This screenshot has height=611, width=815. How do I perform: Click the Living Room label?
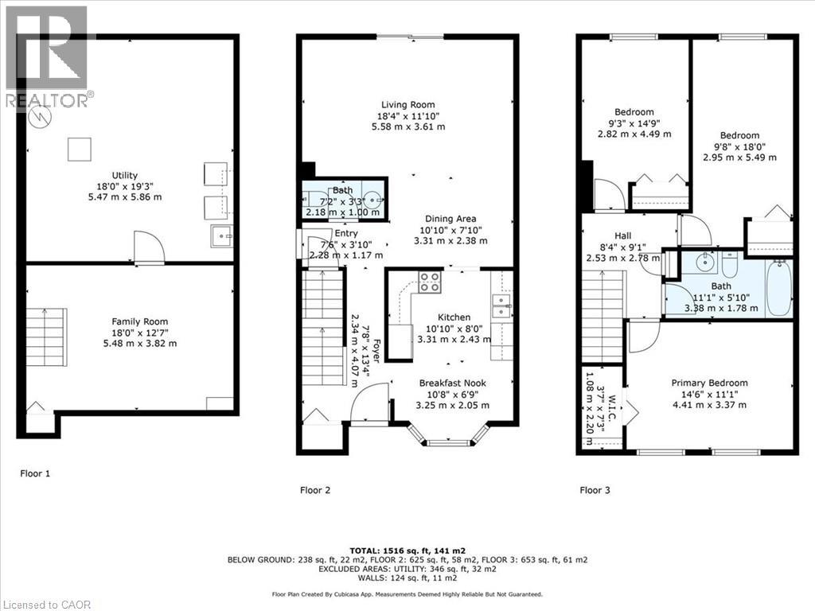point(407,104)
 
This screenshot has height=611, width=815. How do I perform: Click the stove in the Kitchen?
point(430,281)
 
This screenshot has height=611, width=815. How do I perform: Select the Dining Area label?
point(450,219)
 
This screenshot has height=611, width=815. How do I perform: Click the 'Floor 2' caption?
point(316,490)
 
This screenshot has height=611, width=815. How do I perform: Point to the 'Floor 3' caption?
point(595,490)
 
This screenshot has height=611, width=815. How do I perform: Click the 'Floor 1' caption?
point(35,473)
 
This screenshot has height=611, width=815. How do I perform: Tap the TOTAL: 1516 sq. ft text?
point(407,551)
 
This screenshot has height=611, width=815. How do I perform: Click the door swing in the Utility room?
point(149,247)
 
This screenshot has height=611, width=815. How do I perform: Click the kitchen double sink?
point(501,302)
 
